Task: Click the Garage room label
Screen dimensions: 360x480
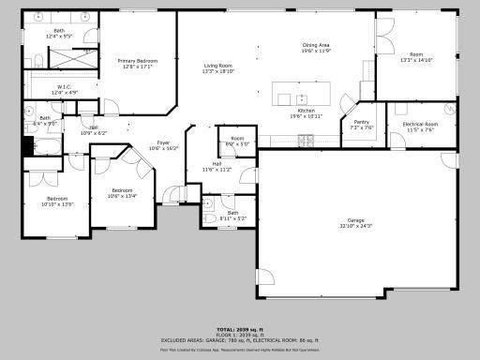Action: click(x=354, y=221)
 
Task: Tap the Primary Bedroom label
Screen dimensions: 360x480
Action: click(x=137, y=60)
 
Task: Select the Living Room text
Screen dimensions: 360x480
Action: click(x=218, y=65)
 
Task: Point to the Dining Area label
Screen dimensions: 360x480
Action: click(x=316, y=45)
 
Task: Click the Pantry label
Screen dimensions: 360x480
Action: click(x=361, y=122)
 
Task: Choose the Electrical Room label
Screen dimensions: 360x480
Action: click(x=419, y=124)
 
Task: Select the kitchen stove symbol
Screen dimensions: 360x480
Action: click(x=306, y=141)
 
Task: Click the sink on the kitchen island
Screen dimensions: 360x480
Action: click(x=301, y=97)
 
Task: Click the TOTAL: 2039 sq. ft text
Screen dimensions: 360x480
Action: click(x=239, y=330)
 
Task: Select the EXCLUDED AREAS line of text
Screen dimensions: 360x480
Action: click(x=239, y=339)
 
